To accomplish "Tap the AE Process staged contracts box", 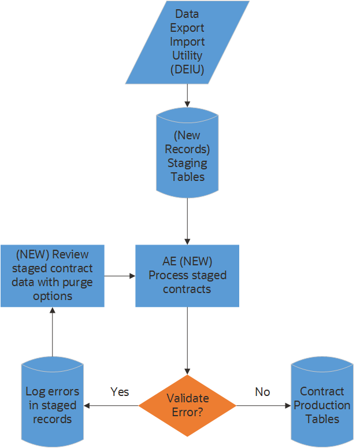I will tap(187, 275).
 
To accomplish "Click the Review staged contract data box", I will tap(52, 275).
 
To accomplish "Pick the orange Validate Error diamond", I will tap(187, 405).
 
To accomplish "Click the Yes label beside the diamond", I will tap(120, 392).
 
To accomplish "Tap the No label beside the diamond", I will tap(262, 392).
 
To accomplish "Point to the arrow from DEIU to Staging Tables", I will tap(187, 95).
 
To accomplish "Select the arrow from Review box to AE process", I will tap(120, 276).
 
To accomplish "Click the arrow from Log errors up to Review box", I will tap(52, 332).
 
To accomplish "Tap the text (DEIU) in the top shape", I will tap(187, 70).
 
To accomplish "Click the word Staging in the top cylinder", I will tap(187, 163).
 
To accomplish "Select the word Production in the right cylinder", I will tap(322, 405).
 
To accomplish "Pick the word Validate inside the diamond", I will tap(187, 398).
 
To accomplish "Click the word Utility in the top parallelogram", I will tap(187, 55).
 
